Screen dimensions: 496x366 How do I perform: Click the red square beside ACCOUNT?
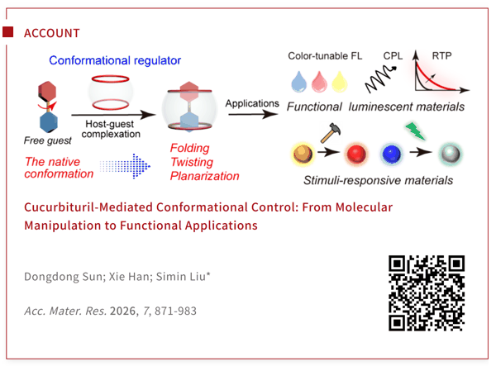(x=8, y=32)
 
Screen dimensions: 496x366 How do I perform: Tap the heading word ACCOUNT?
(x=52, y=33)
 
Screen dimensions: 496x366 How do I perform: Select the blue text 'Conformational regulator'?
(x=115, y=60)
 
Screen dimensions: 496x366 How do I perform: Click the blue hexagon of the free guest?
(x=49, y=122)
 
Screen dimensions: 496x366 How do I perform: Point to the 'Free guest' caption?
(x=48, y=140)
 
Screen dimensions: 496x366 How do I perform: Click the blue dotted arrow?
(x=125, y=166)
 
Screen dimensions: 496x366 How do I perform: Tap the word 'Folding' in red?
(x=190, y=148)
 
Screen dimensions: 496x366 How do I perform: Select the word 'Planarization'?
(x=205, y=176)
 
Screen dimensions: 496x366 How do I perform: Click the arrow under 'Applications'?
(x=253, y=114)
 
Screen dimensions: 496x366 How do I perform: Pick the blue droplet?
(x=299, y=82)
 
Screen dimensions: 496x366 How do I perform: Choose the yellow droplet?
(x=340, y=82)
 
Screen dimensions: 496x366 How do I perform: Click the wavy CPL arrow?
(x=380, y=79)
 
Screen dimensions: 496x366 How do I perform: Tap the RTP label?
(x=441, y=56)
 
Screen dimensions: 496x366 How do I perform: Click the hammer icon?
(x=330, y=133)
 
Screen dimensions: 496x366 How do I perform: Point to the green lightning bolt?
(x=415, y=131)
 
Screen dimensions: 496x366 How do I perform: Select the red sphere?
(x=356, y=154)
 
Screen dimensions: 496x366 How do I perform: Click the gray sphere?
(x=451, y=154)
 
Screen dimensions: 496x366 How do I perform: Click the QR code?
(x=427, y=293)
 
